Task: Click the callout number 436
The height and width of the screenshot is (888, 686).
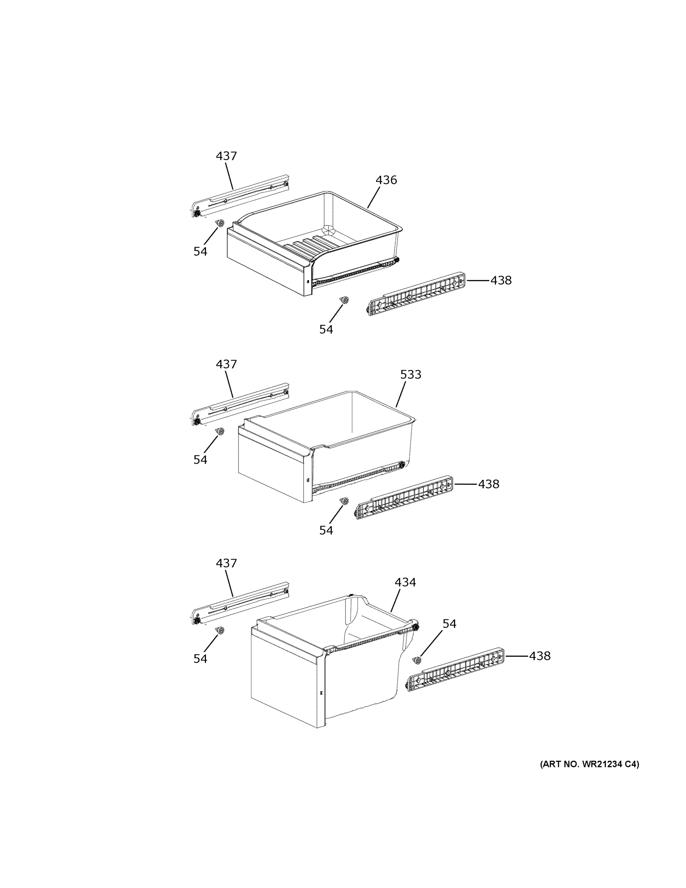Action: (386, 180)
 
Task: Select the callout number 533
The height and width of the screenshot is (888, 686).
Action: (410, 374)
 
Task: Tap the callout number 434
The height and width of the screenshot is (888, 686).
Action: (405, 582)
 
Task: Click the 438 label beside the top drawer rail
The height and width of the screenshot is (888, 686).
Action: (501, 280)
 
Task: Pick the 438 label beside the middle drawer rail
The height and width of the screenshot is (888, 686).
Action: (488, 484)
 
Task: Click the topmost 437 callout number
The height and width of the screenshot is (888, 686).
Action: (226, 156)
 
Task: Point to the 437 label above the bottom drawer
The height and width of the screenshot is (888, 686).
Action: (226, 563)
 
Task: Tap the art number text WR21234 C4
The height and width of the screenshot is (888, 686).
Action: (589, 764)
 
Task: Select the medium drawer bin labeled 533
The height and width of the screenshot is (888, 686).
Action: (325, 447)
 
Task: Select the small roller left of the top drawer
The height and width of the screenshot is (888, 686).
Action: (220, 223)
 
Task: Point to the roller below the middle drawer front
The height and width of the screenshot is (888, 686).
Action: (344, 501)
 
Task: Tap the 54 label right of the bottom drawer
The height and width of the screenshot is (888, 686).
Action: (449, 623)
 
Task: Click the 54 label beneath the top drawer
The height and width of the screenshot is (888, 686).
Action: (326, 329)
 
